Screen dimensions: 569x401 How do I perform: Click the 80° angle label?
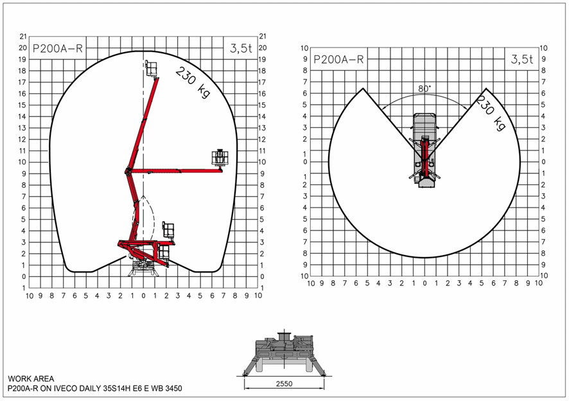425,89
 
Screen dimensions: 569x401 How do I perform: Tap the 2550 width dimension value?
284,384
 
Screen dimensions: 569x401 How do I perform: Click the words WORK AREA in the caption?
31,379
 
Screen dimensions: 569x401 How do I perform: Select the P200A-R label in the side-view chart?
58,48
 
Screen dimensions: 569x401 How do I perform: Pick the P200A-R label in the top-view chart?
338,59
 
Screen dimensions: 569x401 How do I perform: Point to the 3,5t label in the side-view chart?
241,48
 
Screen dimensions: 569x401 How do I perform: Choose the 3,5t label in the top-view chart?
522,59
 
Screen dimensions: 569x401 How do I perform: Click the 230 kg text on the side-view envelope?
193,82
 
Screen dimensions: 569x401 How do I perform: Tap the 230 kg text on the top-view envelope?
491,112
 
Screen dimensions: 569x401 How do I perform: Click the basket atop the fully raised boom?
152,68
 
